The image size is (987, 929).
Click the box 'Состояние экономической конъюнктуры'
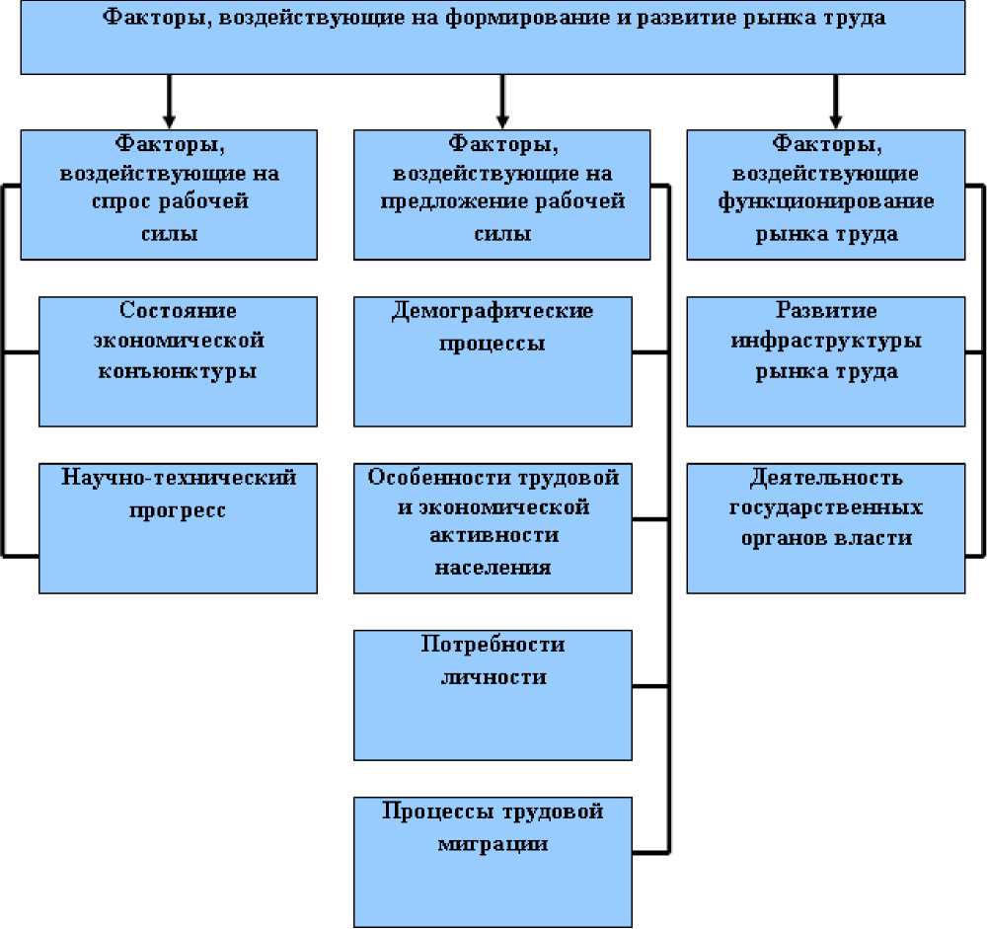(x=178, y=361)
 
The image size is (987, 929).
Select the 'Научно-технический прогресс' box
(x=178, y=528)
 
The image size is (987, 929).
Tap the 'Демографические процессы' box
(x=493, y=361)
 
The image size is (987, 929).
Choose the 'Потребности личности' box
(x=493, y=695)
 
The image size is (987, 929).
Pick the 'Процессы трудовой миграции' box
(x=493, y=862)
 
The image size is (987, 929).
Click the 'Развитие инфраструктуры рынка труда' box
(x=826, y=361)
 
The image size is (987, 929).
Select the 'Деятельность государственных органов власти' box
(x=826, y=528)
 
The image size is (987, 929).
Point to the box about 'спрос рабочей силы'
(x=169, y=194)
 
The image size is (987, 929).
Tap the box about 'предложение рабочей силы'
(x=501, y=194)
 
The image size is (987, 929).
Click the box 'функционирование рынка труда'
(x=826, y=194)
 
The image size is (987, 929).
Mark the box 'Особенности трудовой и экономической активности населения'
(x=493, y=528)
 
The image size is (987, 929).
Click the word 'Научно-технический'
(x=179, y=479)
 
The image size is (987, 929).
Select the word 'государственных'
(x=826, y=508)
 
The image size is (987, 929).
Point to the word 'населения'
(x=493, y=568)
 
